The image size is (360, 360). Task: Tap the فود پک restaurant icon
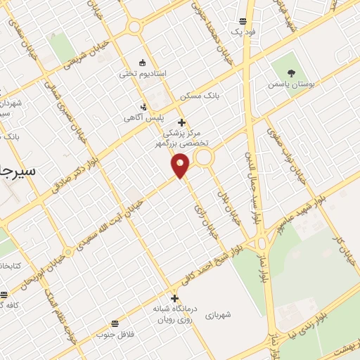[x=243, y=21]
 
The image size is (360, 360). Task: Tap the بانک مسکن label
[x=195, y=95]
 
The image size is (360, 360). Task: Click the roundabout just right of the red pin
[x=204, y=159]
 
